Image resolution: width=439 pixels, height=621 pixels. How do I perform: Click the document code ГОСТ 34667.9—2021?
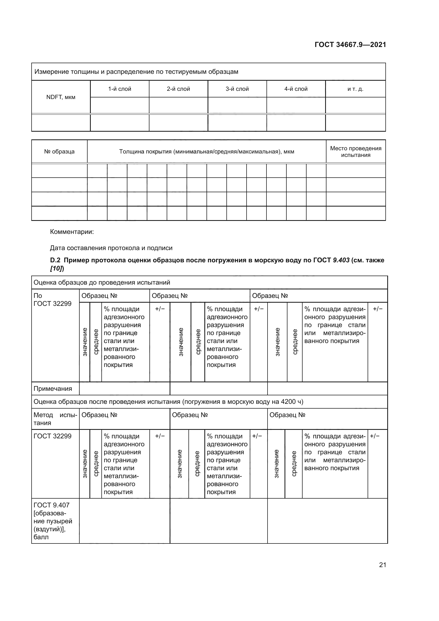coord(350,45)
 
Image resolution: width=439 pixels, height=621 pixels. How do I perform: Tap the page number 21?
coord(382,565)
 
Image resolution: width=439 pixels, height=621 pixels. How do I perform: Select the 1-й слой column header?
coord(119,89)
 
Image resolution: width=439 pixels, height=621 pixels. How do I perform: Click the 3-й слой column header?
coord(237,89)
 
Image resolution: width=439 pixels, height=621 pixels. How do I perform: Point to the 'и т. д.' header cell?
coord(355,89)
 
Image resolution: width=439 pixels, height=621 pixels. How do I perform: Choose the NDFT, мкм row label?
coord(61,97)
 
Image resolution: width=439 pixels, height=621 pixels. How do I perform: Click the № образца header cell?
coord(59,151)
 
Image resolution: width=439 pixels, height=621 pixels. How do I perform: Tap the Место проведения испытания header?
coord(355,151)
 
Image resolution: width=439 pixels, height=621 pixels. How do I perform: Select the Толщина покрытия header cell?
coord(206,151)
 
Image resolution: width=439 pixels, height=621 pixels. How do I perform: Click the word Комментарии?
coord(72,232)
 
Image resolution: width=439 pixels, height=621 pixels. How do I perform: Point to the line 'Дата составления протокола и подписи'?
coord(111,248)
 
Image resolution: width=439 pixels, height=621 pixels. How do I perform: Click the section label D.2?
coord(55,260)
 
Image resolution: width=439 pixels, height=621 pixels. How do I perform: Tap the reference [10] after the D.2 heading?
coord(57,269)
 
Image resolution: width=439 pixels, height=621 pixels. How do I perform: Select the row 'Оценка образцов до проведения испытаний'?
coord(102,283)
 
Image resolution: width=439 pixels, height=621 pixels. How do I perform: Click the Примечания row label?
coord(53,389)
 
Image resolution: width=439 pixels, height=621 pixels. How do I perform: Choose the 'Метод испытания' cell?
coord(55,419)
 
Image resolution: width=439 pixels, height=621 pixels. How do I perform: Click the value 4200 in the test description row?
coord(288,402)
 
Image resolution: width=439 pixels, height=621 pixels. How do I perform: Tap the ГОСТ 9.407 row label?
coord(51,505)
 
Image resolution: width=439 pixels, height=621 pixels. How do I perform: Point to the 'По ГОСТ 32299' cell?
coord(52,300)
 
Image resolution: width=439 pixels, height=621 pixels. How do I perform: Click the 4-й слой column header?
coord(296,89)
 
